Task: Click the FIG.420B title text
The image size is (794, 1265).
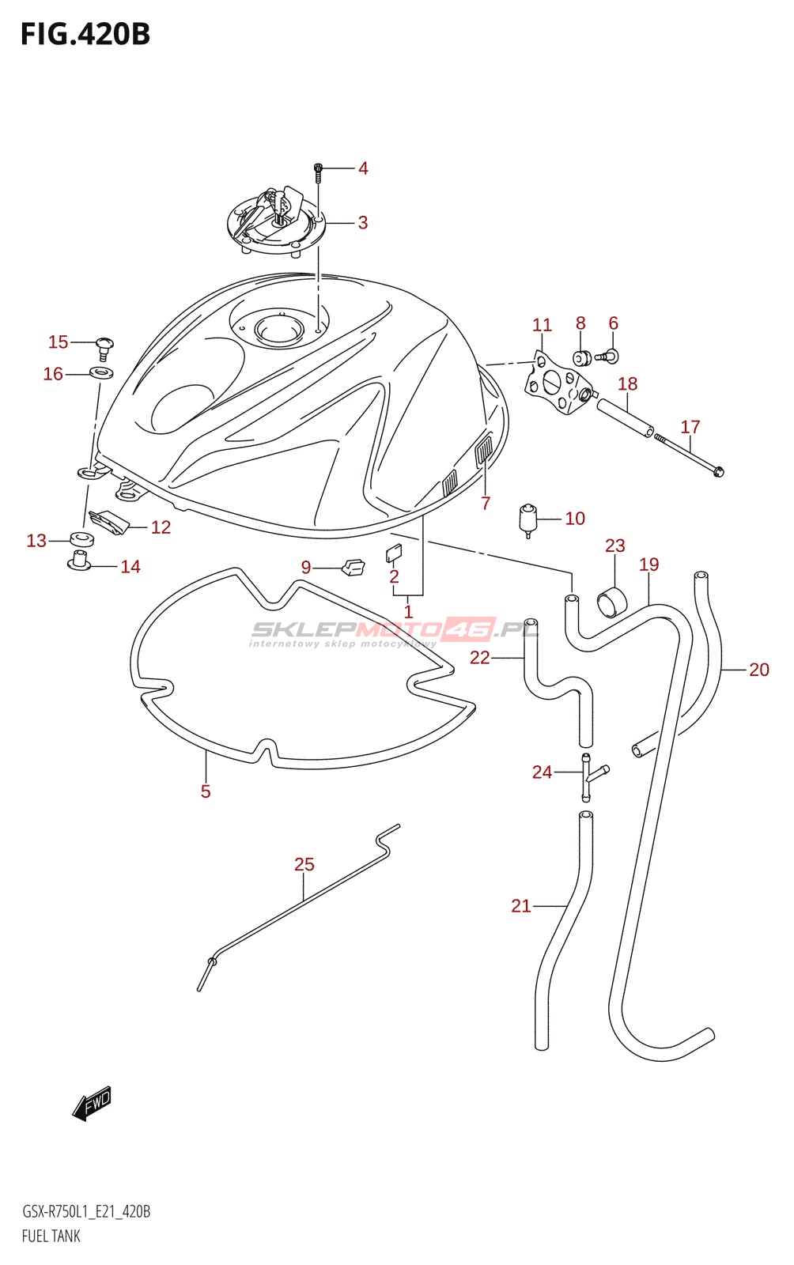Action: point(85,35)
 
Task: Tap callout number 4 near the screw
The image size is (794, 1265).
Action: point(363,168)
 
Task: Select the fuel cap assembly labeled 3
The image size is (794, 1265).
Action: point(276,223)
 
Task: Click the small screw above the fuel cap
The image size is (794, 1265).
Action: point(318,172)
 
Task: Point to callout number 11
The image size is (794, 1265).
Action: point(543,325)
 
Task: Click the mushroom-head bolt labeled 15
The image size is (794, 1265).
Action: point(104,347)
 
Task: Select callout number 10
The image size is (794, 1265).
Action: point(575,519)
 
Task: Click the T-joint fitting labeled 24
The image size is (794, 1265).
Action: point(590,776)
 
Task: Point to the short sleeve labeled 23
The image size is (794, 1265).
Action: point(612,602)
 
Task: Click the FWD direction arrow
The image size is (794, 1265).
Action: point(92,1103)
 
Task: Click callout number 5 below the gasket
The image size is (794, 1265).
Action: point(206,791)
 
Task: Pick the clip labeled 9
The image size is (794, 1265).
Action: point(354,566)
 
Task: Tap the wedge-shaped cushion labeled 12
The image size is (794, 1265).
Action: point(109,523)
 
